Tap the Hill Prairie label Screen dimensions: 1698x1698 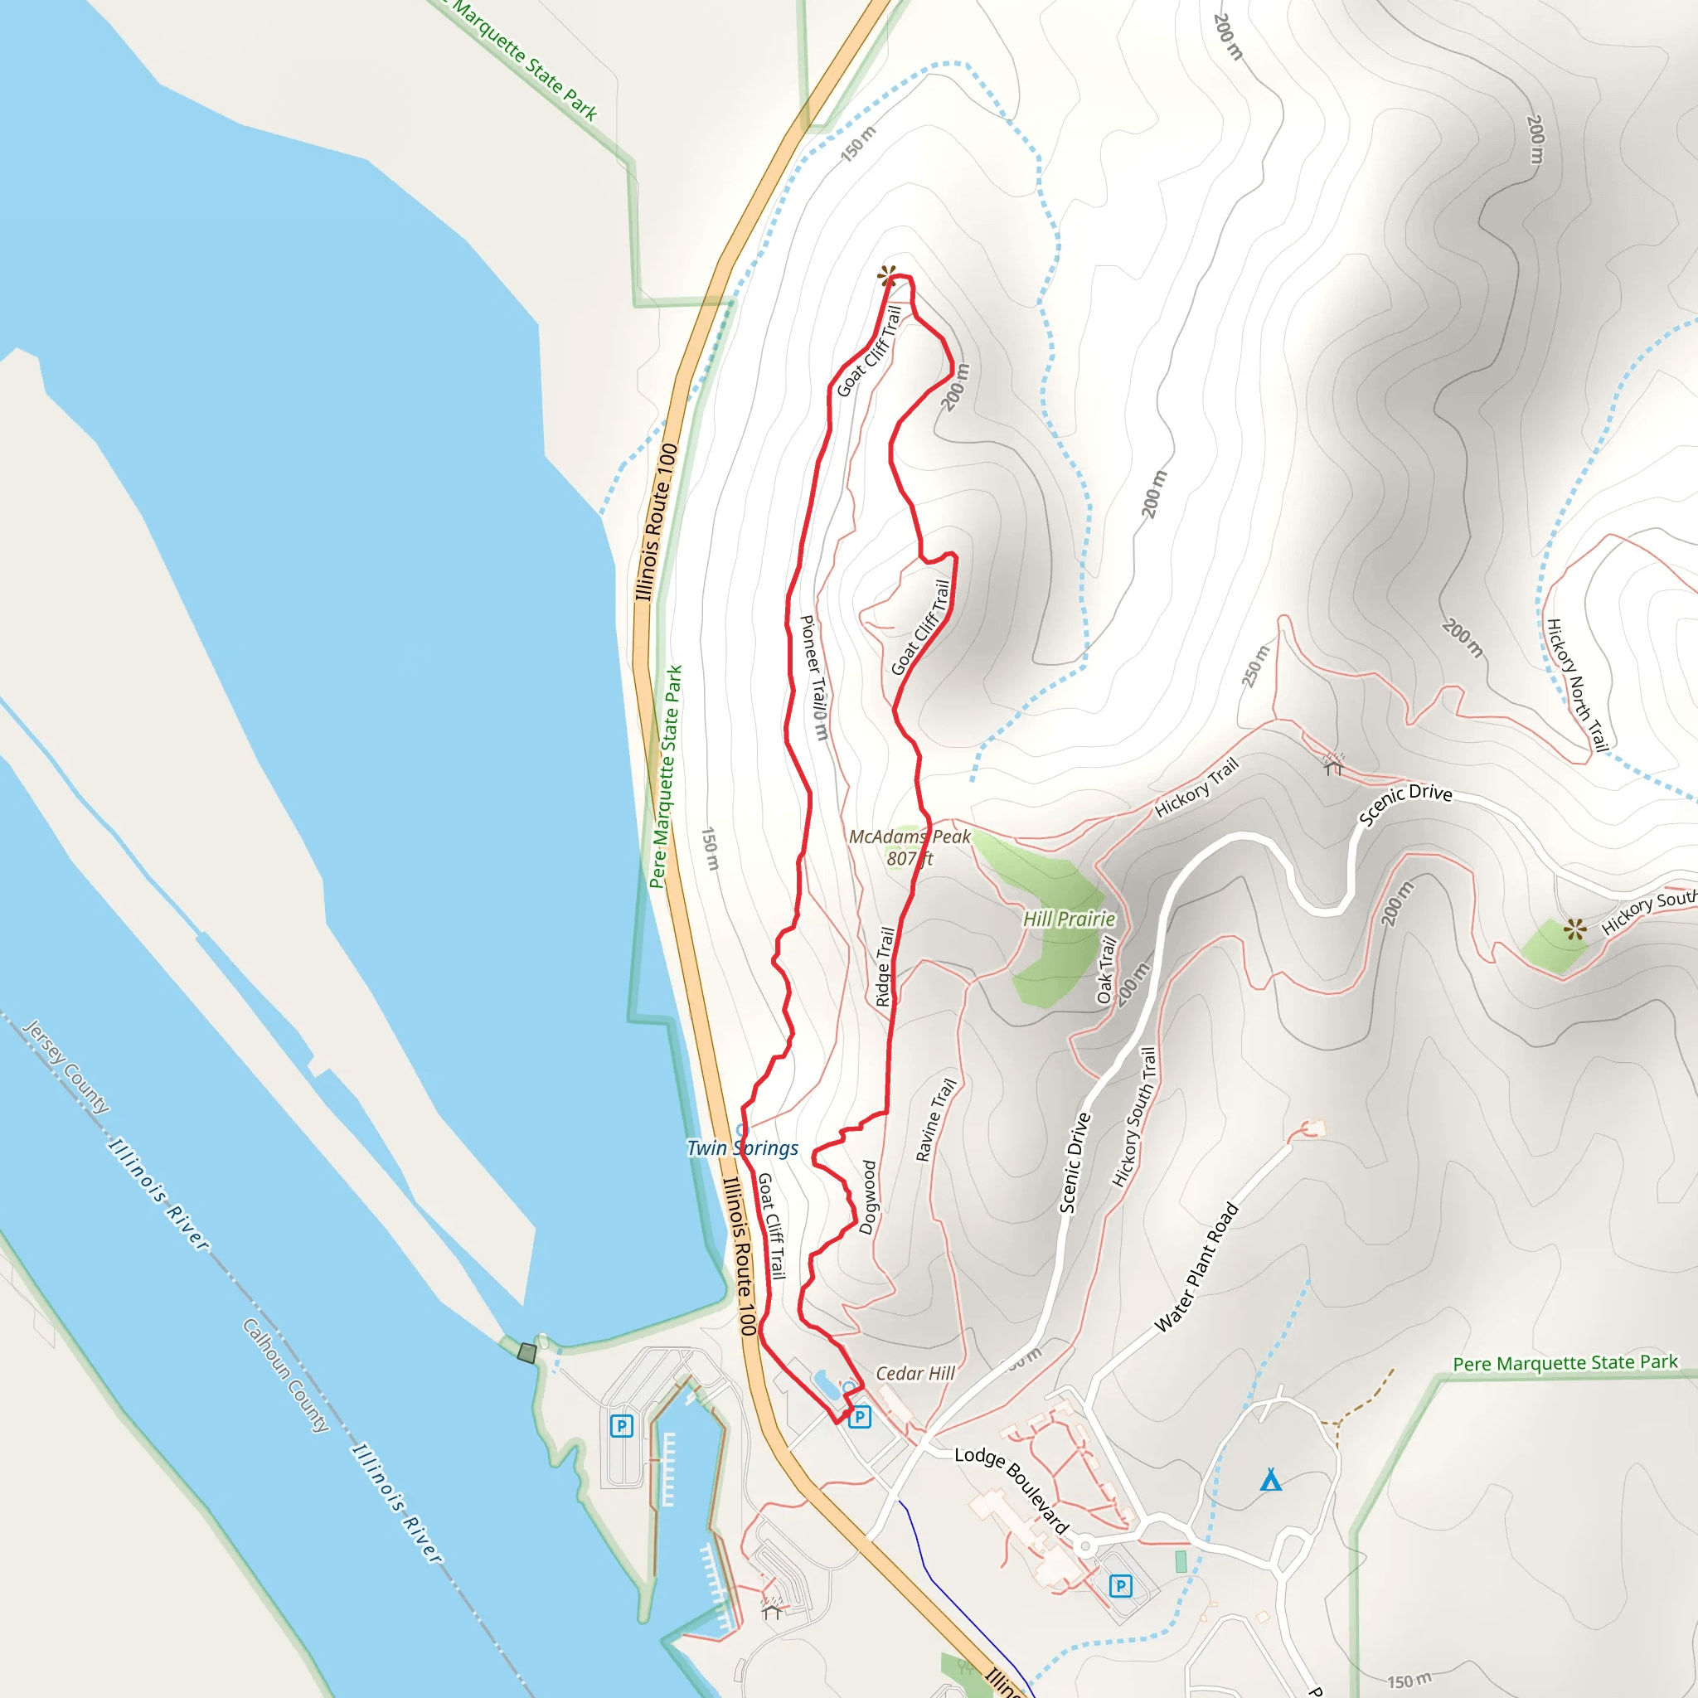[x=1069, y=919]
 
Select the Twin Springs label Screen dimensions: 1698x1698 [x=743, y=1147]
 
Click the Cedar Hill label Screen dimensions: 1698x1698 [x=915, y=1373]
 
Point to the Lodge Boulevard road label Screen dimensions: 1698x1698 [x=1012, y=1490]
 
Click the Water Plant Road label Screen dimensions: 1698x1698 [x=1196, y=1267]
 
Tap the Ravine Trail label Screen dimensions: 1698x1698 [x=935, y=1119]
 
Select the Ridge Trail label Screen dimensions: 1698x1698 [x=885, y=967]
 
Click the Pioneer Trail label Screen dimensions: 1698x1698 [x=814, y=677]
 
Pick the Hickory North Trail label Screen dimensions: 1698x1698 [x=1578, y=686]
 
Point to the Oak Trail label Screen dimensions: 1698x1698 [x=1107, y=970]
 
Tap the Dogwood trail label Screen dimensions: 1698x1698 [x=867, y=1197]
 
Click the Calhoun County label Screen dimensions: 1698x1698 [x=287, y=1375]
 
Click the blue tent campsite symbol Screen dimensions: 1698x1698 [x=1271, y=1480]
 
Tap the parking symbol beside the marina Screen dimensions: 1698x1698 [x=621, y=1425]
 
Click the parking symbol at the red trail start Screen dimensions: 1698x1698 [x=860, y=1417]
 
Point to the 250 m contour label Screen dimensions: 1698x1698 [x=1256, y=665]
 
